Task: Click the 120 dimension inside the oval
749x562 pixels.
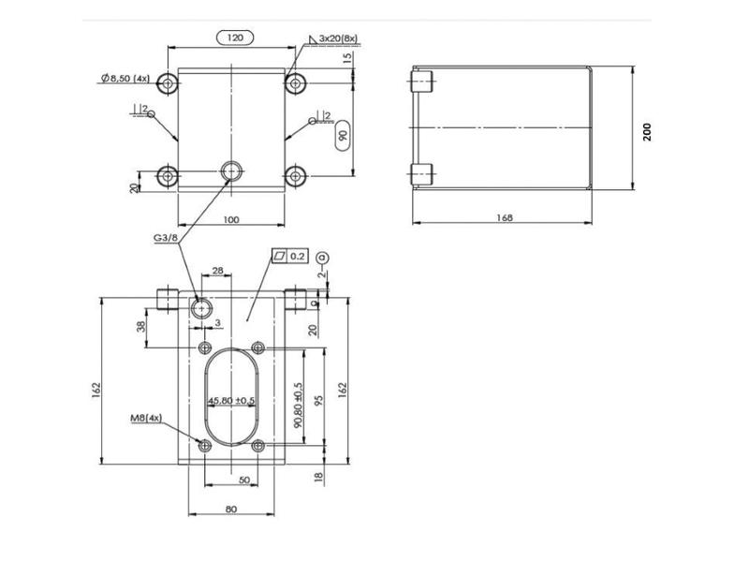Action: pos(235,37)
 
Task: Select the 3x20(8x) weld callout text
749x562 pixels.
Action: pos(338,38)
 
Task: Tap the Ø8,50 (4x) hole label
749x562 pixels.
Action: pos(126,79)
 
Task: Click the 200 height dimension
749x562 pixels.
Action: pos(646,131)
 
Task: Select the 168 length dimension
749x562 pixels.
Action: pos(506,217)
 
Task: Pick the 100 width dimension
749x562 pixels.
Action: pos(231,219)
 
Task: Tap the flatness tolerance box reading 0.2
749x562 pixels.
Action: pos(290,255)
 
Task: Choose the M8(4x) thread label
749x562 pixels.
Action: pos(147,417)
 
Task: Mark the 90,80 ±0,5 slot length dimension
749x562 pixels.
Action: pos(298,404)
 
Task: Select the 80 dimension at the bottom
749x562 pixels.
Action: pos(231,509)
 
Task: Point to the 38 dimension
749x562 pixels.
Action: pos(141,328)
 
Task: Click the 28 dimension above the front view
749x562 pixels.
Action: pos(217,271)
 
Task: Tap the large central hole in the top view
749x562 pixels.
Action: pos(230,170)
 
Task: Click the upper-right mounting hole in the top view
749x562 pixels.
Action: pos(296,83)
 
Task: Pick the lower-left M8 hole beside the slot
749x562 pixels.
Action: pos(205,446)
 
